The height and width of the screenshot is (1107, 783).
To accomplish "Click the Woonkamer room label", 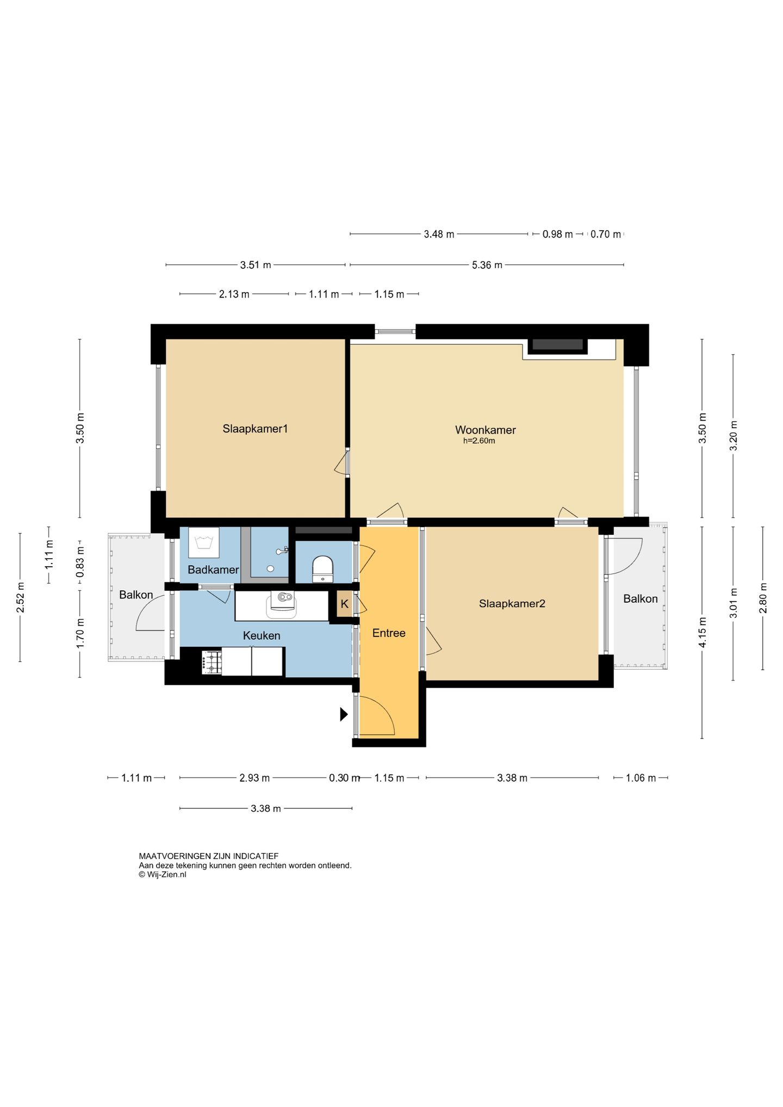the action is pos(485,430).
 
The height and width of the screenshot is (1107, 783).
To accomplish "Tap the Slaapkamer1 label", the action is pos(255,429).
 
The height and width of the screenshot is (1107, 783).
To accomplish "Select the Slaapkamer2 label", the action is pos(512,603).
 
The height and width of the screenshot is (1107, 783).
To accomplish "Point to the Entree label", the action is pos(389,633).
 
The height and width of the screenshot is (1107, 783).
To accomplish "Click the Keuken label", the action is pos(262,635).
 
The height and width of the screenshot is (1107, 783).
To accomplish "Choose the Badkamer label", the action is pos(213,570).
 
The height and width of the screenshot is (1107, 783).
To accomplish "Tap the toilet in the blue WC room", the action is pos(322,568).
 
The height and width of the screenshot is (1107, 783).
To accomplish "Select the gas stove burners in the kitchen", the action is pos(212,663).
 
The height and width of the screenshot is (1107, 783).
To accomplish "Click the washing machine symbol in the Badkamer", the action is pos(203,542).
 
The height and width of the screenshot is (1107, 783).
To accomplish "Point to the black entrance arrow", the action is pos(344,714).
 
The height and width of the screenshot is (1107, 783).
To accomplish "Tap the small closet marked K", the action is pos(344,604).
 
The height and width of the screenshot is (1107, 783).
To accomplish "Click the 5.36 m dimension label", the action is pos(487,265).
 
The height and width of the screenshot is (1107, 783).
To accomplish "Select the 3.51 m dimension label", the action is pos(256,265).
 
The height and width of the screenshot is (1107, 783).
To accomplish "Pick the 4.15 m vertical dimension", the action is pos(702,633).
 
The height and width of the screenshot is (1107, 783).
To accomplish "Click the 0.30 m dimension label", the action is pos(344,778).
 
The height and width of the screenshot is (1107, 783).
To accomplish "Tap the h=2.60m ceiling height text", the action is pos(479,441).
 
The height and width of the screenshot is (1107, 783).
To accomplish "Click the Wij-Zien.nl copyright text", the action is pos(163,875).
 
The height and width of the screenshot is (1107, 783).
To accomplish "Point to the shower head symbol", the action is pos(282,551).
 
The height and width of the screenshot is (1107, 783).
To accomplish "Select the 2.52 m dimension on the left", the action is pos(20,597).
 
